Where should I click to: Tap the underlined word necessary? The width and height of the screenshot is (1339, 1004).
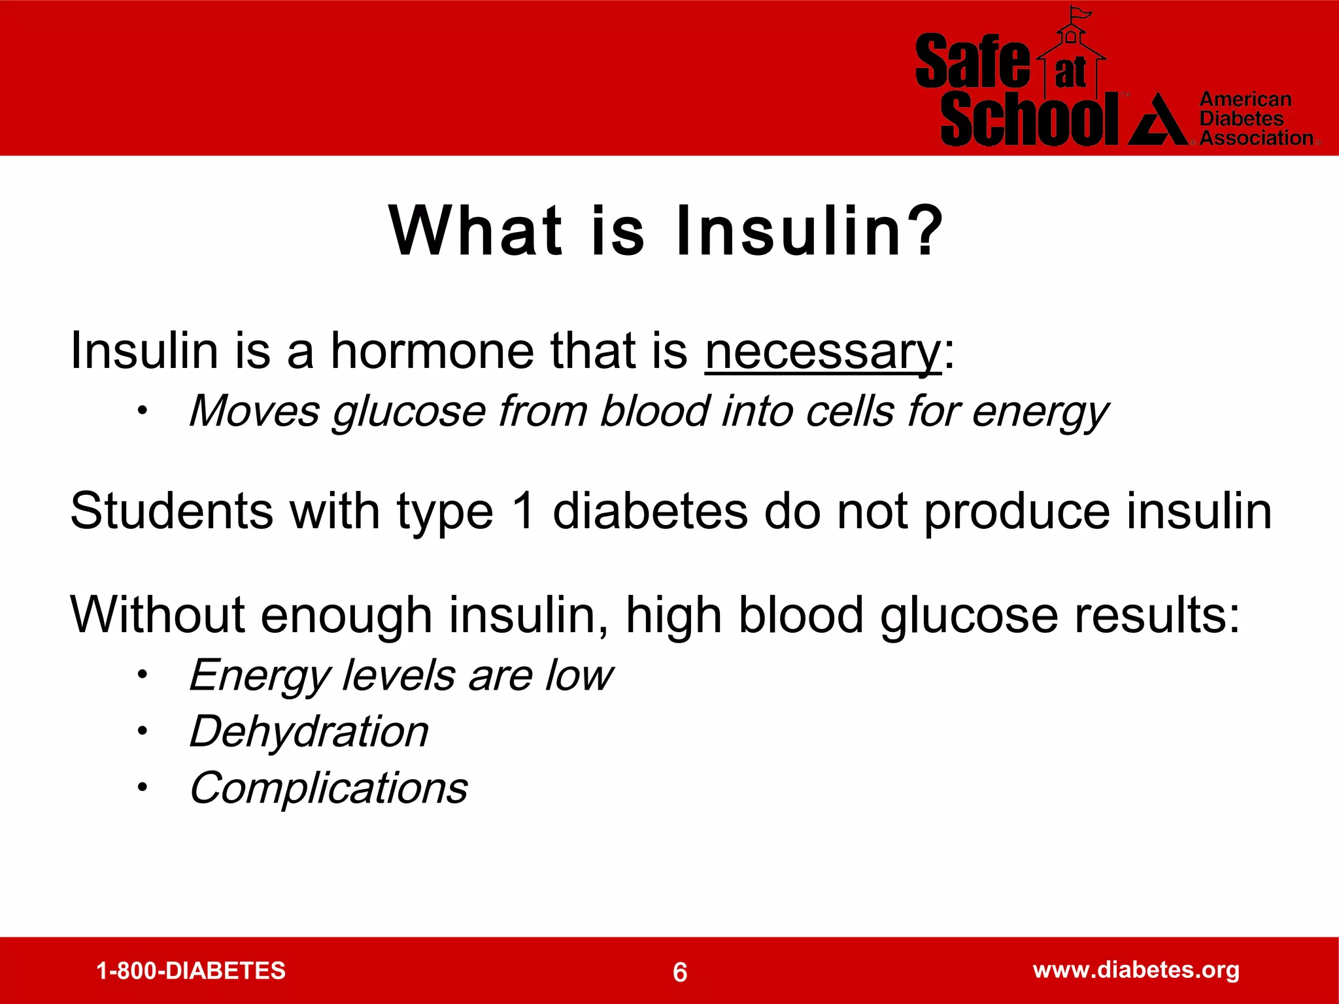pyautogui.click(x=822, y=352)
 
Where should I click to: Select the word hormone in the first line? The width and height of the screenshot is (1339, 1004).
pyautogui.click(x=432, y=351)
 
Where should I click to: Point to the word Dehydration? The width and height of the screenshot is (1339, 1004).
pyautogui.click(x=309, y=731)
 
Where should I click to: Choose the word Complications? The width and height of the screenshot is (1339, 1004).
pyautogui.click(x=328, y=788)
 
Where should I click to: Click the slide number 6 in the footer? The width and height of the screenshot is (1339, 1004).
pyautogui.click(x=680, y=972)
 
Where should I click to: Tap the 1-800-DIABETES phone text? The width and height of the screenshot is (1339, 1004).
pyautogui.click(x=191, y=971)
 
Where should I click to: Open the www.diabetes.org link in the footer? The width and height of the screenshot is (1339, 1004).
pyautogui.click(x=1136, y=969)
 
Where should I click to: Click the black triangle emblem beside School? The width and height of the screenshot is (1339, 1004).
pyautogui.click(x=1159, y=121)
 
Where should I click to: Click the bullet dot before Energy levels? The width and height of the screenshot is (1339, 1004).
pyautogui.click(x=142, y=675)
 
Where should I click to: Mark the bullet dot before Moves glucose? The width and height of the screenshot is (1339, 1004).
pyautogui.click(x=142, y=411)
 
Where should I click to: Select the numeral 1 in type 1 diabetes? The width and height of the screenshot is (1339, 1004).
pyautogui.click(x=523, y=511)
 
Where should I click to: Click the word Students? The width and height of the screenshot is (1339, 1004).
pyautogui.click(x=171, y=511)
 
